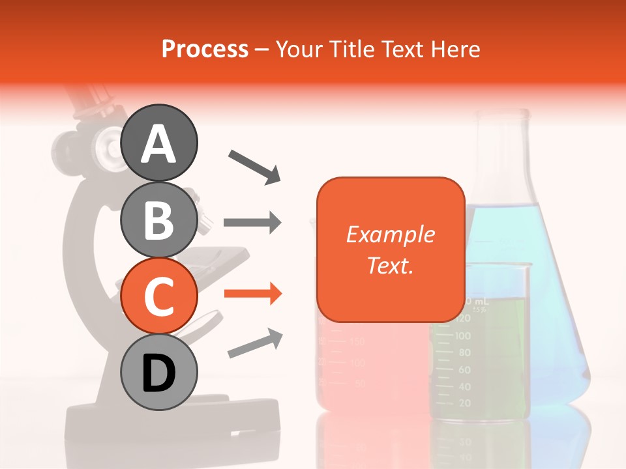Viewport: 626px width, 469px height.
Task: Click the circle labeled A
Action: pyautogui.click(x=158, y=143)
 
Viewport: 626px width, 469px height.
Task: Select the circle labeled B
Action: pyautogui.click(x=158, y=220)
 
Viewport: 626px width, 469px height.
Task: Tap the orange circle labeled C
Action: pyautogui.click(x=158, y=296)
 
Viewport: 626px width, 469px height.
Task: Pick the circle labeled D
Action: pyautogui.click(x=158, y=372)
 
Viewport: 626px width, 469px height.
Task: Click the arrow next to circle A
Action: pyautogui.click(x=254, y=165)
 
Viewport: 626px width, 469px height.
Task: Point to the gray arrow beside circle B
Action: pyautogui.click(x=252, y=223)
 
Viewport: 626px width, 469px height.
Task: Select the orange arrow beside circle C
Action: pyautogui.click(x=252, y=294)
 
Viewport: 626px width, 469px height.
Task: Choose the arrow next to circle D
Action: pyautogui.click(x=255, y=344)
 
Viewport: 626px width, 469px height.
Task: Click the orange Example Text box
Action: pyautogui.click(x=391, y=249)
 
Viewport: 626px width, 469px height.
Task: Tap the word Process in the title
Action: pyautogui.click(x=205, y=50)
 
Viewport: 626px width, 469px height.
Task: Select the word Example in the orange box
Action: pyautogui.click(x=390, y=234)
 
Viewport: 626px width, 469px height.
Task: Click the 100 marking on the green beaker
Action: pyautogui.click(x=462, y=335)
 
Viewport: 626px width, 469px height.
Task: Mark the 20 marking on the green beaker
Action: pyautogui.click(x=464, y=403)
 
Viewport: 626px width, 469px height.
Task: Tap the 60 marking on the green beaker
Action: pyautogui.click(x=464, y=369)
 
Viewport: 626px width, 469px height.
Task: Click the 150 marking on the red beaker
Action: pyautogui.click(x=357, y=341)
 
